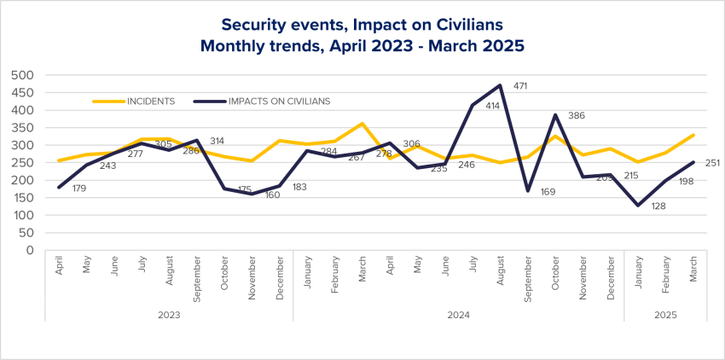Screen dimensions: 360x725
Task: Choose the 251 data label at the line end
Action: click(714, 163)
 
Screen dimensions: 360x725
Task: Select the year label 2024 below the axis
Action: click(458, 315)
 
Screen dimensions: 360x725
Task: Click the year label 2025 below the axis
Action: click(665, 315)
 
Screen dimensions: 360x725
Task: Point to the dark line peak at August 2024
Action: click(500, 85)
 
